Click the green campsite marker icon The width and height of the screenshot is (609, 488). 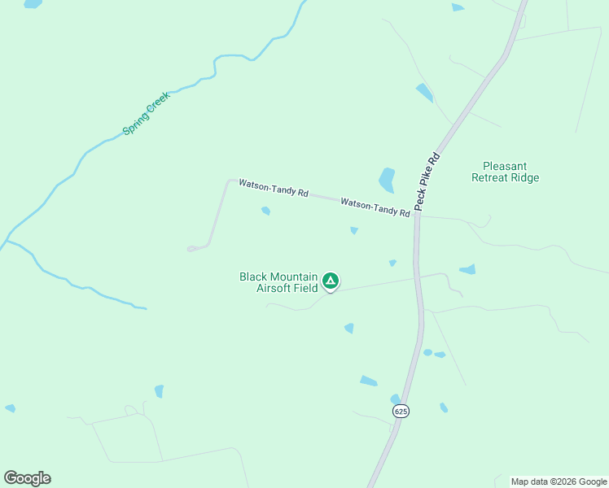point(331,281)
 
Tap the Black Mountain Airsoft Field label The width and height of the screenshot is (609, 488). point(278,282)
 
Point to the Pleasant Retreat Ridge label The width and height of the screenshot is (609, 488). point(505,172)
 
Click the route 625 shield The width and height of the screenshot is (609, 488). point(401,412)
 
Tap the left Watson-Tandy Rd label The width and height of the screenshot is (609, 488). point(274,189)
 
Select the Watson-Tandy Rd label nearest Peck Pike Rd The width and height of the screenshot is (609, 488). point(375,207)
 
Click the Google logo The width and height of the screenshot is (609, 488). point(27,478)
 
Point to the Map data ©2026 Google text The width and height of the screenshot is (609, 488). point(559,481)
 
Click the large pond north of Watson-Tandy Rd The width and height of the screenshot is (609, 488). point(387,179)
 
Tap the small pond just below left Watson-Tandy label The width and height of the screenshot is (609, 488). point(265,211)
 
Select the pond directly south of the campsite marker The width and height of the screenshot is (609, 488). point(349,329)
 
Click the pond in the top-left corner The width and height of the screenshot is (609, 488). point(33,3)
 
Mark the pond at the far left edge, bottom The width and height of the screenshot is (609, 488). point(10,408)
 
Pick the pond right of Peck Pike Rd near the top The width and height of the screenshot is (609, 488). point(424,92)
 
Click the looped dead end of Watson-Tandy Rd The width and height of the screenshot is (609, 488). point(193,248)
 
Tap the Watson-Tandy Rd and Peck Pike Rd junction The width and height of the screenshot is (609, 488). point(416,216)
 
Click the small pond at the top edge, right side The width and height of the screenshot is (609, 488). point(458,7)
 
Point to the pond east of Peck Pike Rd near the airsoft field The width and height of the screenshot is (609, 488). point(467,269)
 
